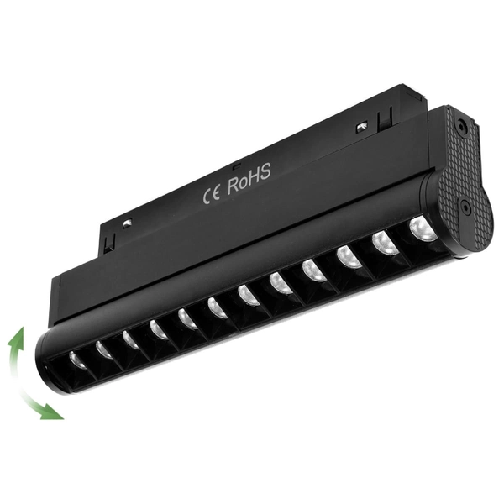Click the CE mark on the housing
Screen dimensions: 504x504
[x=212, y=194]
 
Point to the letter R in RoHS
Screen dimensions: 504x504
[x=234, y=186]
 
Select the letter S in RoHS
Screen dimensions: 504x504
[x=265, y=171]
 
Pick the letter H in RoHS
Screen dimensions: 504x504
[x=254, y=176]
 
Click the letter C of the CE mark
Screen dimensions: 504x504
[x=207, y=197]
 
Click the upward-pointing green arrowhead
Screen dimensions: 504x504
[x=17, y=337]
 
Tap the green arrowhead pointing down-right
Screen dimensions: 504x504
[x=52, y=412]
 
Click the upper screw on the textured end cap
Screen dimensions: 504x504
[x=461, y=124]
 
